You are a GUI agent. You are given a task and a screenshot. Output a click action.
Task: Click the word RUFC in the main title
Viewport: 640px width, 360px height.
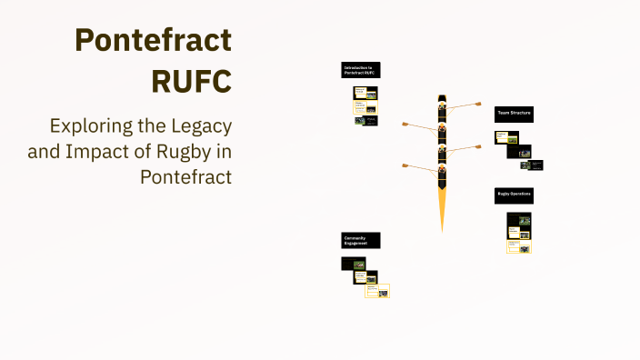point(191,80)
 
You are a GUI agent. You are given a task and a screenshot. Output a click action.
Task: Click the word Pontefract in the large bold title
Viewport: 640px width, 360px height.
point(153,40)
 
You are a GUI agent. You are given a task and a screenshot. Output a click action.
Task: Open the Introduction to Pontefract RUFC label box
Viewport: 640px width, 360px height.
point(361,70)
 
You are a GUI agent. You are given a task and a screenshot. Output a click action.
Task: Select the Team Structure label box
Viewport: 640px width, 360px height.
point(514,114)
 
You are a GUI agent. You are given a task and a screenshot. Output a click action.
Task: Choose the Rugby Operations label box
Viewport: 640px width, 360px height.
point(514,195)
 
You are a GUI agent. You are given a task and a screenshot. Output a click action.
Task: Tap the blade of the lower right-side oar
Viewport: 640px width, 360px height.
point(477,145)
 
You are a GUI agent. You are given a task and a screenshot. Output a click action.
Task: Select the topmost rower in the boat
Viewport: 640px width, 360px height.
point(443,105)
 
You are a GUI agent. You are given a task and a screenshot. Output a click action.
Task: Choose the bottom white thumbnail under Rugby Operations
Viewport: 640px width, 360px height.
point(519,246)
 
